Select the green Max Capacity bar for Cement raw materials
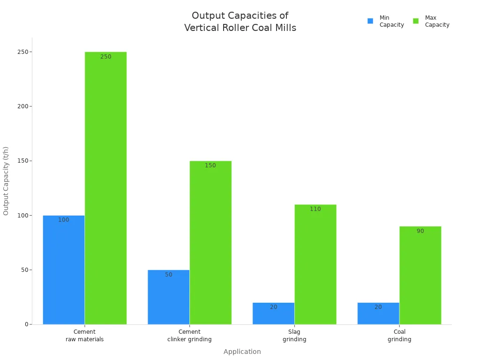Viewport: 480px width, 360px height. [105, 187]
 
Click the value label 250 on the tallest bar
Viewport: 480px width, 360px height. [106, 57]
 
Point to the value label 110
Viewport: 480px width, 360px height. [315, 209]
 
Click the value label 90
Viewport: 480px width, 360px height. [420, 231]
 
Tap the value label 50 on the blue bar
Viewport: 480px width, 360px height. [169, 275]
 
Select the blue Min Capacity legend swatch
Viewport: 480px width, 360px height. [370, 21]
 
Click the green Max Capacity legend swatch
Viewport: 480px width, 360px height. [416, 21]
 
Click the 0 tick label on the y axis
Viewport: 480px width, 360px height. [26, 324]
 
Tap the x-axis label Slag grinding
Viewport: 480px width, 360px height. [294, 336]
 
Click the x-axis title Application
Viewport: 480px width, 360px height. [242, 352]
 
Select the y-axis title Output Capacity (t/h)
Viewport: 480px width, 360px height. [6, 181]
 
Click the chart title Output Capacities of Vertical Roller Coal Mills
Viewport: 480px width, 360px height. [240, 22]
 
